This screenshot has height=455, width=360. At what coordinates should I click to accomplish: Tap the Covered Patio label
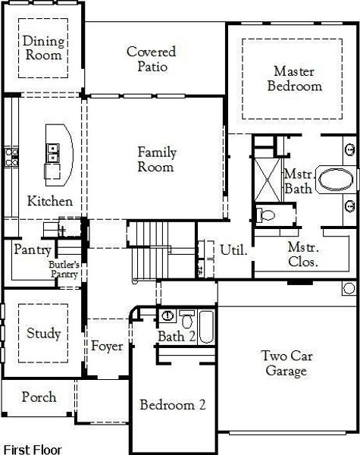pos(151,59)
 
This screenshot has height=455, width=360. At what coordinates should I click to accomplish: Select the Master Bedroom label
pos(293,78)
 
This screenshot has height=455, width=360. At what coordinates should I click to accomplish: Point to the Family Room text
pos(155,159)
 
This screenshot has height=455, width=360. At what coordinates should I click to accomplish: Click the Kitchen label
pos(50,201)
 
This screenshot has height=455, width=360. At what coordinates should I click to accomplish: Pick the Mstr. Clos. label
pos(302,254)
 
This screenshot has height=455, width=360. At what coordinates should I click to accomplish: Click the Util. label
pos(233,249)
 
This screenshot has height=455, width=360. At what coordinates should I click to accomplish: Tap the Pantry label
pos(33,249)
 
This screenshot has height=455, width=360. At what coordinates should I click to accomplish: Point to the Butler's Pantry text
pos(64,269)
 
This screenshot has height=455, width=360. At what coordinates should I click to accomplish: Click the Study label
pos(43,333)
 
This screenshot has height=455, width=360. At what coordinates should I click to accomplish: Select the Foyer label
pos(107,347)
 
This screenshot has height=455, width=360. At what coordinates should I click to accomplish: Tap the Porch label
pos(38,397)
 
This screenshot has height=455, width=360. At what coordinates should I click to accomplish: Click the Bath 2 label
pos(176,335)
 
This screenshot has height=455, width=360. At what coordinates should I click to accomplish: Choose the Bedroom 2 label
pos(173,405)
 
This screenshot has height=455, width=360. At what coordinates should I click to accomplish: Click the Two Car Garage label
pos(286,363)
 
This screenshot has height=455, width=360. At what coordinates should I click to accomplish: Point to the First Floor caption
pos(33,449)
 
